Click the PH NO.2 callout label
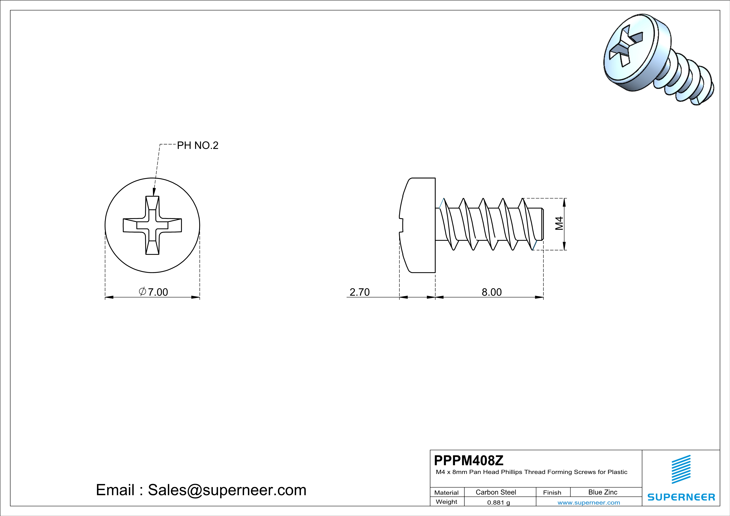[x=198, y=145]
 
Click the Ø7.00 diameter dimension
[x=154, y=292]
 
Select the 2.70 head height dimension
[x=360, y=292]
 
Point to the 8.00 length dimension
[x=491, y=292]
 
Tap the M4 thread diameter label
[x=559, y=223]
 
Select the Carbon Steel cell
[x=496, y=492]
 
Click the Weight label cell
[x=446, y=502]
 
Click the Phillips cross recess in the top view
[x=152, y=225]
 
